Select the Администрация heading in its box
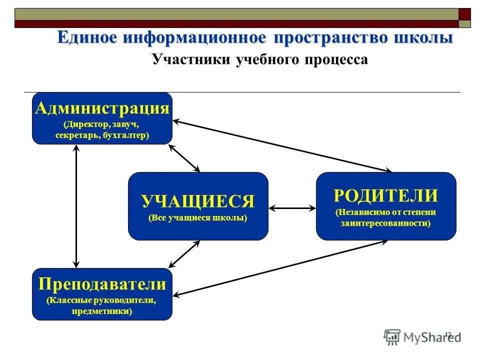pyautogui.click(x=102, y=108)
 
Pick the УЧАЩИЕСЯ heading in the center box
pyautogui.click(x=198, y=201)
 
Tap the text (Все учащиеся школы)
pyautogui.click(x=198, y=219)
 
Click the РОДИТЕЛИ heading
pyautogui.click(x=385, y=195)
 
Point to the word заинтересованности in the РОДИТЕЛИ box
pyautogui.click(x=385, y=223)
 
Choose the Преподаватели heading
pyautogui.click(x=102, y=284)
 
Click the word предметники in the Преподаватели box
pyautogui.click(x=102, y=311)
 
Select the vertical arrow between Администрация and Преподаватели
pyautogui.click(x=76, y=206)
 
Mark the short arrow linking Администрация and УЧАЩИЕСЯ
pyautogui.click(x=185, y=158)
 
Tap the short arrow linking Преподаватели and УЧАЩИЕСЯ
pyautogui.click(x=184, y=254)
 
